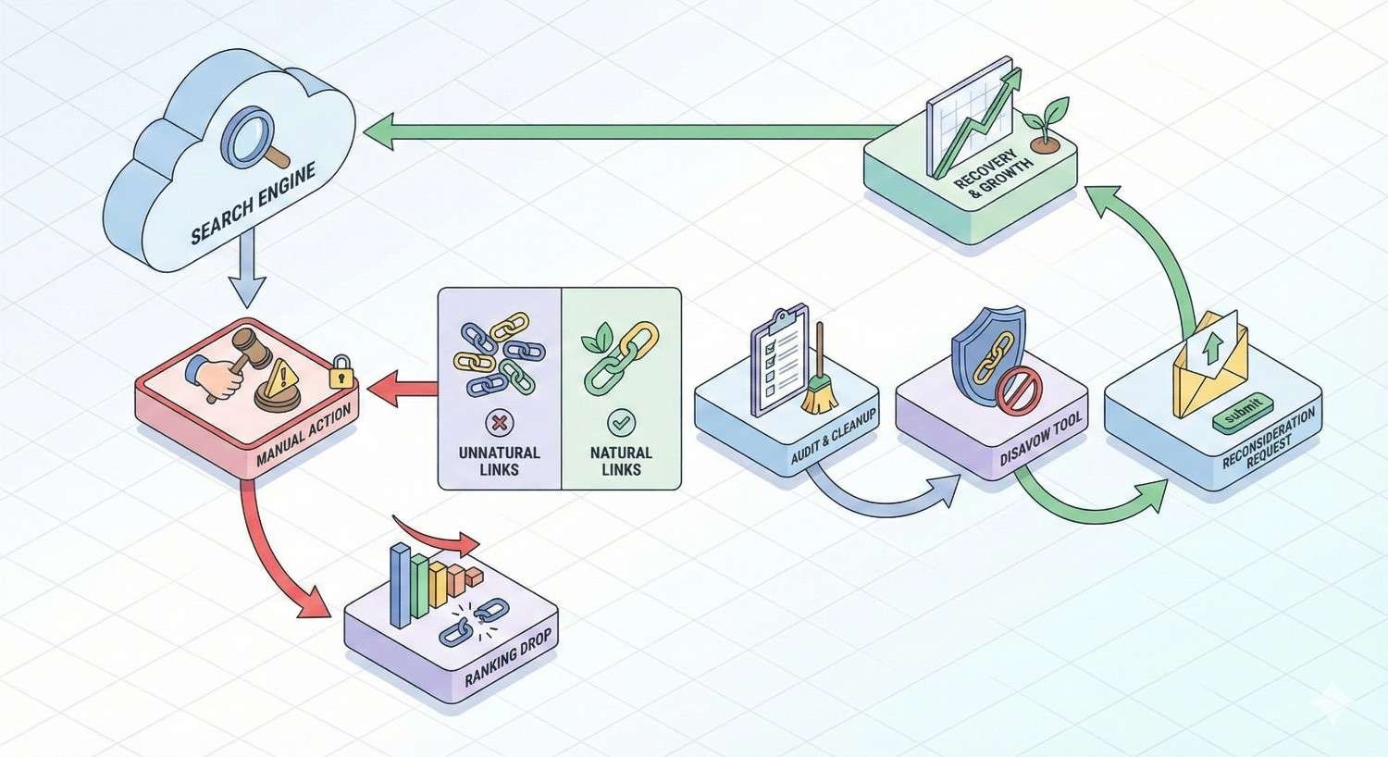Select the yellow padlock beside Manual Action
click(341, 372)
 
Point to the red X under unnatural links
click(499, 424)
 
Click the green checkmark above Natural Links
click(621, 424)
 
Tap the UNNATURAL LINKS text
click(499, 461)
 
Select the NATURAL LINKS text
click(621, 461)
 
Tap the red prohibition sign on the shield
click(1015, 386)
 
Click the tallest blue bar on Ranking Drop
click(400, 585)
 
